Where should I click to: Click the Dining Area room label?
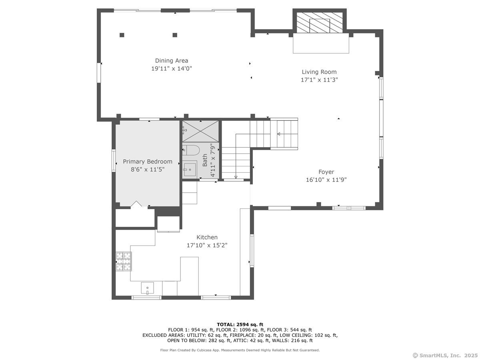click(172, 61)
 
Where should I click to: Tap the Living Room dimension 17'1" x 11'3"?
click(319, 80)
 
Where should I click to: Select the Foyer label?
click(326, 172)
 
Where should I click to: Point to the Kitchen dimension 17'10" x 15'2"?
click(207, 245)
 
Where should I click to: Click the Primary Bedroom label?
click(148, 162)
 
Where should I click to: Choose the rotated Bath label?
click(205, 160)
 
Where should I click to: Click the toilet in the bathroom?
click(191, 150)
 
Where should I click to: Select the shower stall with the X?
click(201, 130)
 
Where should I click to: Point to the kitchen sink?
click(147, 288)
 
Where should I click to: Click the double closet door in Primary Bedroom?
click(136, 204)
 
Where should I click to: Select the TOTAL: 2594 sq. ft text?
click(240, 324)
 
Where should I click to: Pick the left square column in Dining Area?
click(122, 35)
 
